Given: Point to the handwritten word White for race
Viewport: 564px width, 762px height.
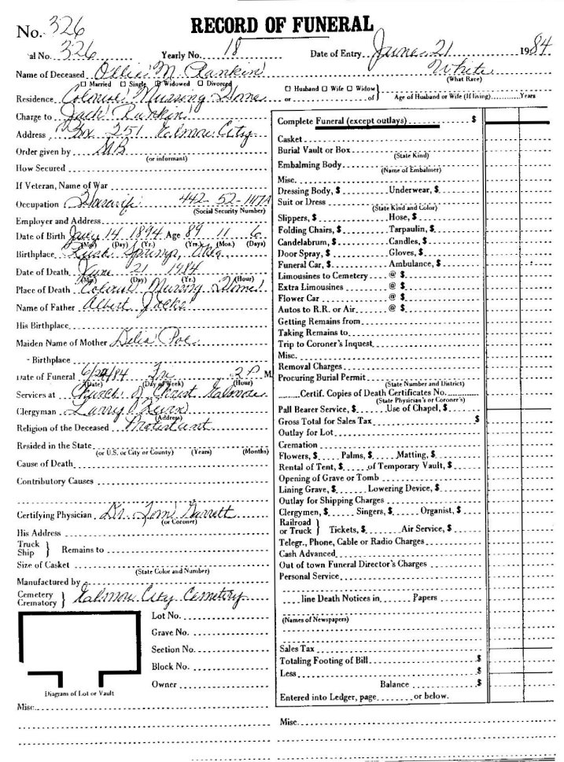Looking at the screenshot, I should click(x=470, y=71).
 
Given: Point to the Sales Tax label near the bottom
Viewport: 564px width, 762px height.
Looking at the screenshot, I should click(x=297, y=650).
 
